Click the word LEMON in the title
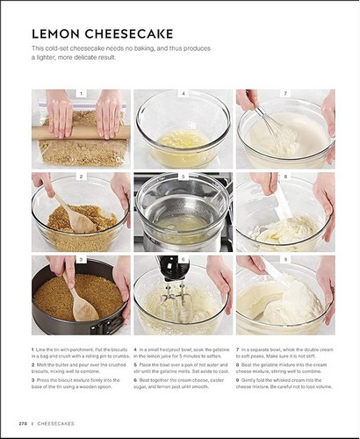click(x=56, y=33)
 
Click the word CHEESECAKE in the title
click(x=126, y=33)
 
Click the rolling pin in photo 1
click(x=81, y=132)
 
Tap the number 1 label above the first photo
click(x=81, y=93)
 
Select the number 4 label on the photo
click(x=183, y=93)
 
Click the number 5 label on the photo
click(x=183, y=176)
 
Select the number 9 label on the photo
click(x=285, y=259)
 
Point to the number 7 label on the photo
click(x=285, y=93)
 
